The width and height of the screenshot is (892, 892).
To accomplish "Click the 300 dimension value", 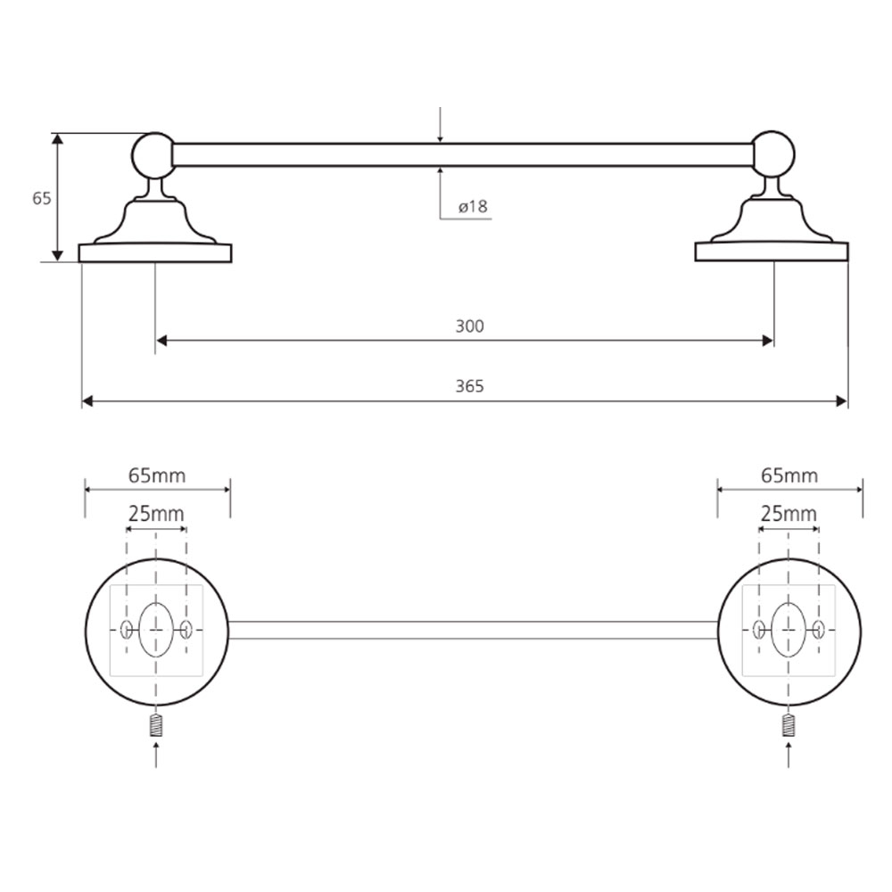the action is coord(469,326).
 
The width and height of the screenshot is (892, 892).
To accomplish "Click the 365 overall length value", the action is coord(469,386).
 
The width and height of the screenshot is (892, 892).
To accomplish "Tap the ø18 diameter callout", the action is coord(474,206).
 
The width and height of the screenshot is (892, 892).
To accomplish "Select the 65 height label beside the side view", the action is coord(42,199).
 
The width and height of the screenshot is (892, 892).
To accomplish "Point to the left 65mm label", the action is coord(157,475).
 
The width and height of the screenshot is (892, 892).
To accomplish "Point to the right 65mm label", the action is coord(789,475).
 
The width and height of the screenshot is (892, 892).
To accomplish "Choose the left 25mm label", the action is coord(156,514).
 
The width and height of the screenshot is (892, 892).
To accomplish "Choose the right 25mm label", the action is coord(789,514).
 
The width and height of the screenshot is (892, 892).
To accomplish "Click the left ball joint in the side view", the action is coord(153,154).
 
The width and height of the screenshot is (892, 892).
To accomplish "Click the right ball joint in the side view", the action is coord(772,153).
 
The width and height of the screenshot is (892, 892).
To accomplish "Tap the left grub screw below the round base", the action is coord(156,725).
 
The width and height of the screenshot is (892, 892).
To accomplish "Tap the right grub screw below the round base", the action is coord(788,725).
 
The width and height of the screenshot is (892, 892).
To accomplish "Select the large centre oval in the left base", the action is coord(156,630).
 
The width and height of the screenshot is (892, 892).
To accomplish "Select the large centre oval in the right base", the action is coord(789,630).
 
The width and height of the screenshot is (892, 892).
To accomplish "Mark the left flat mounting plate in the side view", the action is coord(155,253).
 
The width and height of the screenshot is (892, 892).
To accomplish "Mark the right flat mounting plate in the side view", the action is coord(772,252).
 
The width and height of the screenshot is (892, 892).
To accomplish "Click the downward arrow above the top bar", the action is coord(440,125).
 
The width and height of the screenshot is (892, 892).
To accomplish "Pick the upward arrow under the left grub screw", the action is coord(156,755).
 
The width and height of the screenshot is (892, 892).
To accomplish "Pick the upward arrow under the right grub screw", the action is coord(788,755).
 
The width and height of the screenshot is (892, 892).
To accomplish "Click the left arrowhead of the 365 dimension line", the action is coord(87,401).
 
